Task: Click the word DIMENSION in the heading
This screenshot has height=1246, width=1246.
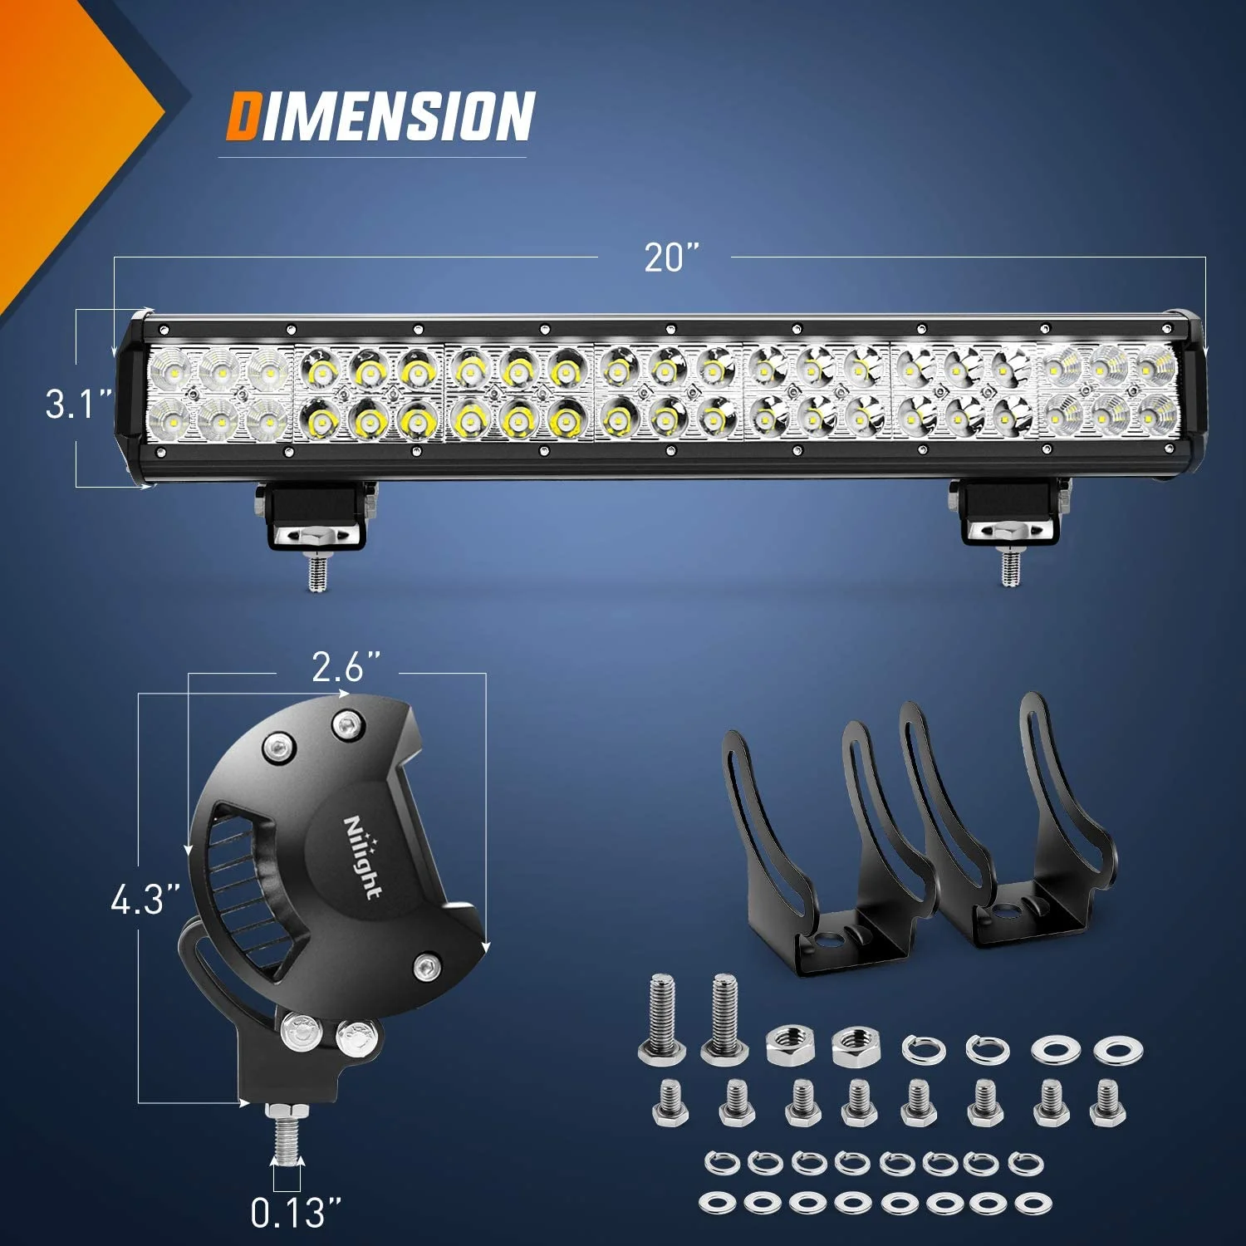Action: [380, 116]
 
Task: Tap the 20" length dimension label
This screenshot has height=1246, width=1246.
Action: [671, 258]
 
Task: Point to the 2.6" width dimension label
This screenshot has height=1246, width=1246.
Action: [346, 667]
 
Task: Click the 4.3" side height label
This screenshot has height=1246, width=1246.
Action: [145, 900]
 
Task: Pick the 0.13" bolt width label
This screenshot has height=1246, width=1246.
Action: [295, 1214]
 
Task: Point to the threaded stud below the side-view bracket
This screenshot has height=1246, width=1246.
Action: [284, 1135]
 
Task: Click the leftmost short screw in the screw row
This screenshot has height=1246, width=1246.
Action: [670, 1101]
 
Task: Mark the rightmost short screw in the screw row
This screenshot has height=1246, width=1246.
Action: [1106, 1101]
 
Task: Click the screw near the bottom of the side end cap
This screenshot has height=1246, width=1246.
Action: [427, 966]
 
